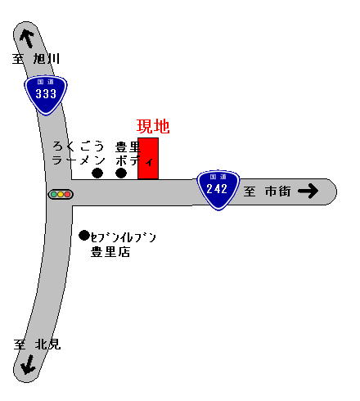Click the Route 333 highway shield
46,95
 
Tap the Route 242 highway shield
218,190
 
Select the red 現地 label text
153,127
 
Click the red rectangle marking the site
148,159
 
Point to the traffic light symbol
61,195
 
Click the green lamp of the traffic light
54,195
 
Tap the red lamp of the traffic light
67,195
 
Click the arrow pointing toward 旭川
27,38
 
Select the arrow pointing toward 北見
28,364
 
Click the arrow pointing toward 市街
308,191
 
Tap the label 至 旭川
36,59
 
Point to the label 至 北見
37,345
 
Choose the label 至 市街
267,191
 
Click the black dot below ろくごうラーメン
97,173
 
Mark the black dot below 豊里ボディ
121,173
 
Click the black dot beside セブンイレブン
84,235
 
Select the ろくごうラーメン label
79,154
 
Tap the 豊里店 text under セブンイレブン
110,252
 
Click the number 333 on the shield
46,94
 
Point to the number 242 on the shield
217,189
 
